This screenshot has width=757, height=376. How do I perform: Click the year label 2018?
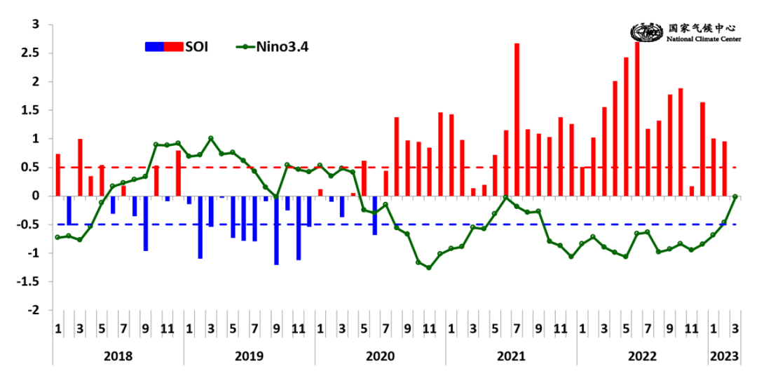click(x=118, y=356)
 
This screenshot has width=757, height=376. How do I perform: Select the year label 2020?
click(x=380, y=356)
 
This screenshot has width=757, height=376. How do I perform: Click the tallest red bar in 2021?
click(x=517, y=119)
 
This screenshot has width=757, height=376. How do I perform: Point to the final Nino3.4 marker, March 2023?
click(x=735, y=196)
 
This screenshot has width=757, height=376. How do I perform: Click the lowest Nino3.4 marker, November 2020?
click(x=429, y=268)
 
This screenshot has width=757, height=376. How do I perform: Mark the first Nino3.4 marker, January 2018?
click(x=57, y=237)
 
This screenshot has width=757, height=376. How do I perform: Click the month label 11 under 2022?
click(x=692, y=328)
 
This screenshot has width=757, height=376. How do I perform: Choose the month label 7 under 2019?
click(x=254, y=328)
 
